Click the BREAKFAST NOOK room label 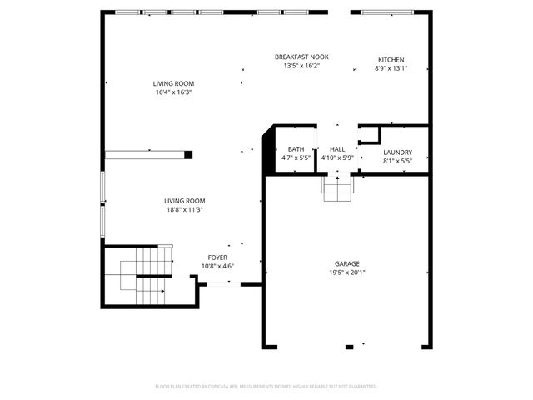coord(301,57)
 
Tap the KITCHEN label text coord(391,60)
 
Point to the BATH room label coord(296,148)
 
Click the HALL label coord(336,148)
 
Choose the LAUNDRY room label coord(397,152)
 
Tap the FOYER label coord(217,257)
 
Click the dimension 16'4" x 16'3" coord(173,92)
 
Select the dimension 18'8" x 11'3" coord(184,210)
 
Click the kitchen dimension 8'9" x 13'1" coord(391,69)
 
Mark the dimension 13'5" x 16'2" coord(301,66)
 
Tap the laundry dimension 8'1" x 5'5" coord(397,161)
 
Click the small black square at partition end coord(188,154)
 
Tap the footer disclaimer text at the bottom coord(266,387)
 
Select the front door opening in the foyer coord(220,284)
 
